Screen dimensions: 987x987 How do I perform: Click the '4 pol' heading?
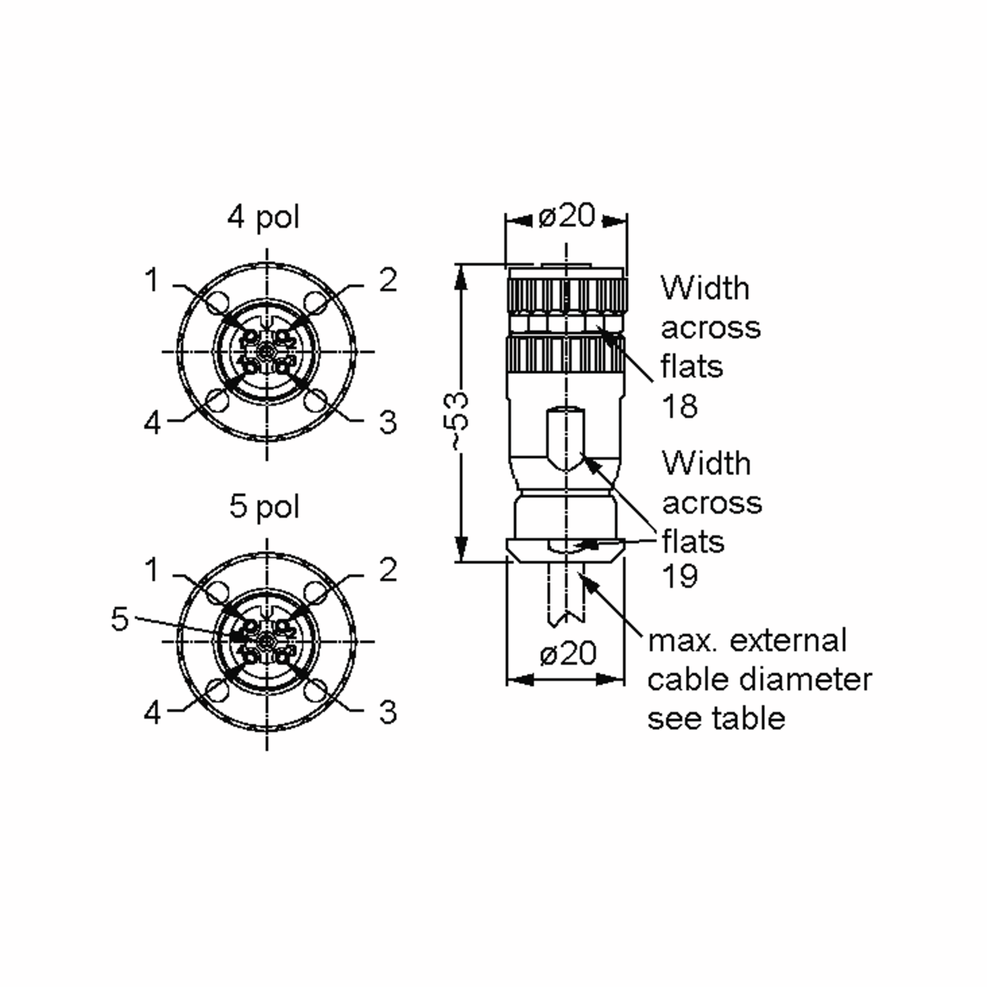pyautogui.click(x=263, y=218)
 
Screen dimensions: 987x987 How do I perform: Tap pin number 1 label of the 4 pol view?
pyautogui.click(x=152, y=280)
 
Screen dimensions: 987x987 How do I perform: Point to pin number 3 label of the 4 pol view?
pyautogui.click(x=388, y=422)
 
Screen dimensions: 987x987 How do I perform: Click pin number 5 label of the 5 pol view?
pyautogui.click(x=120, y=619)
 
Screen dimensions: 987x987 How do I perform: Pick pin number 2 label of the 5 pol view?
pyautogui.click(x=388, y=570)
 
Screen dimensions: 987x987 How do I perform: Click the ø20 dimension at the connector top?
pyautogui.click(x=567, y=216)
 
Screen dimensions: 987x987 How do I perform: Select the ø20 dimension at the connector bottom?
pyautogui.click(x=568, y=654)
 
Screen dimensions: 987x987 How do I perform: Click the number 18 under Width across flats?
pyautogui.click(x=679, y=406)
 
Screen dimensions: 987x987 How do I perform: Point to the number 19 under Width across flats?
pyautogui.click(x=680, y=576)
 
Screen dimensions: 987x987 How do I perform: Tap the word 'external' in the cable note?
pyautogui.click(x=788, y=641)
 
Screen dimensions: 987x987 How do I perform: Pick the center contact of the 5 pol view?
pyautogui.click(x=266, y=641)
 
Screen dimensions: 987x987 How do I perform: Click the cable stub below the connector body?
pyautogui.click(x=566, y=593)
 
